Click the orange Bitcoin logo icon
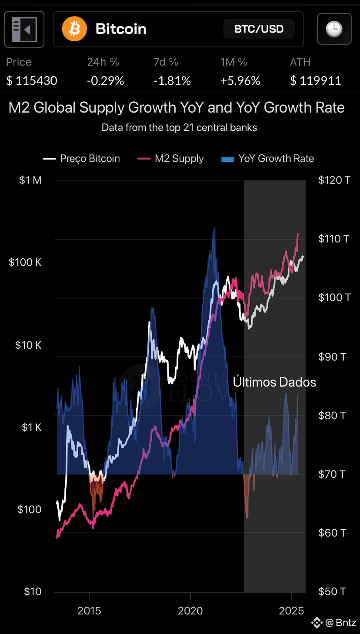click(74, 29)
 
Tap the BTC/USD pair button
click(259, 29)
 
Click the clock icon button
click(334, 29)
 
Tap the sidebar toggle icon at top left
click(24, 29)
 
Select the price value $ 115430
click(32, 81)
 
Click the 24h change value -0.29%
click(105, 81)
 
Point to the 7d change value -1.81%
click(172, 81)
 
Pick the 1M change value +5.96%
click(240, 81)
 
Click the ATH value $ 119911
click(316, 81)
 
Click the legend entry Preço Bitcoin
click(81, 158)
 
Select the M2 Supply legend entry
click(170, 158)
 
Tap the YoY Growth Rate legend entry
click(267, 158)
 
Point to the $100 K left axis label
click(25, 262)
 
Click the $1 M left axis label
click(30, 180)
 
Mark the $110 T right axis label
click(334, 239)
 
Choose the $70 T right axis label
click(332, 474)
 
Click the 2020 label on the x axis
click(190, 611)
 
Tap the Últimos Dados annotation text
click(274, 382)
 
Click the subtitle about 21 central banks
click(180, 128)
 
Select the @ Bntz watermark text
click(341, 623)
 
